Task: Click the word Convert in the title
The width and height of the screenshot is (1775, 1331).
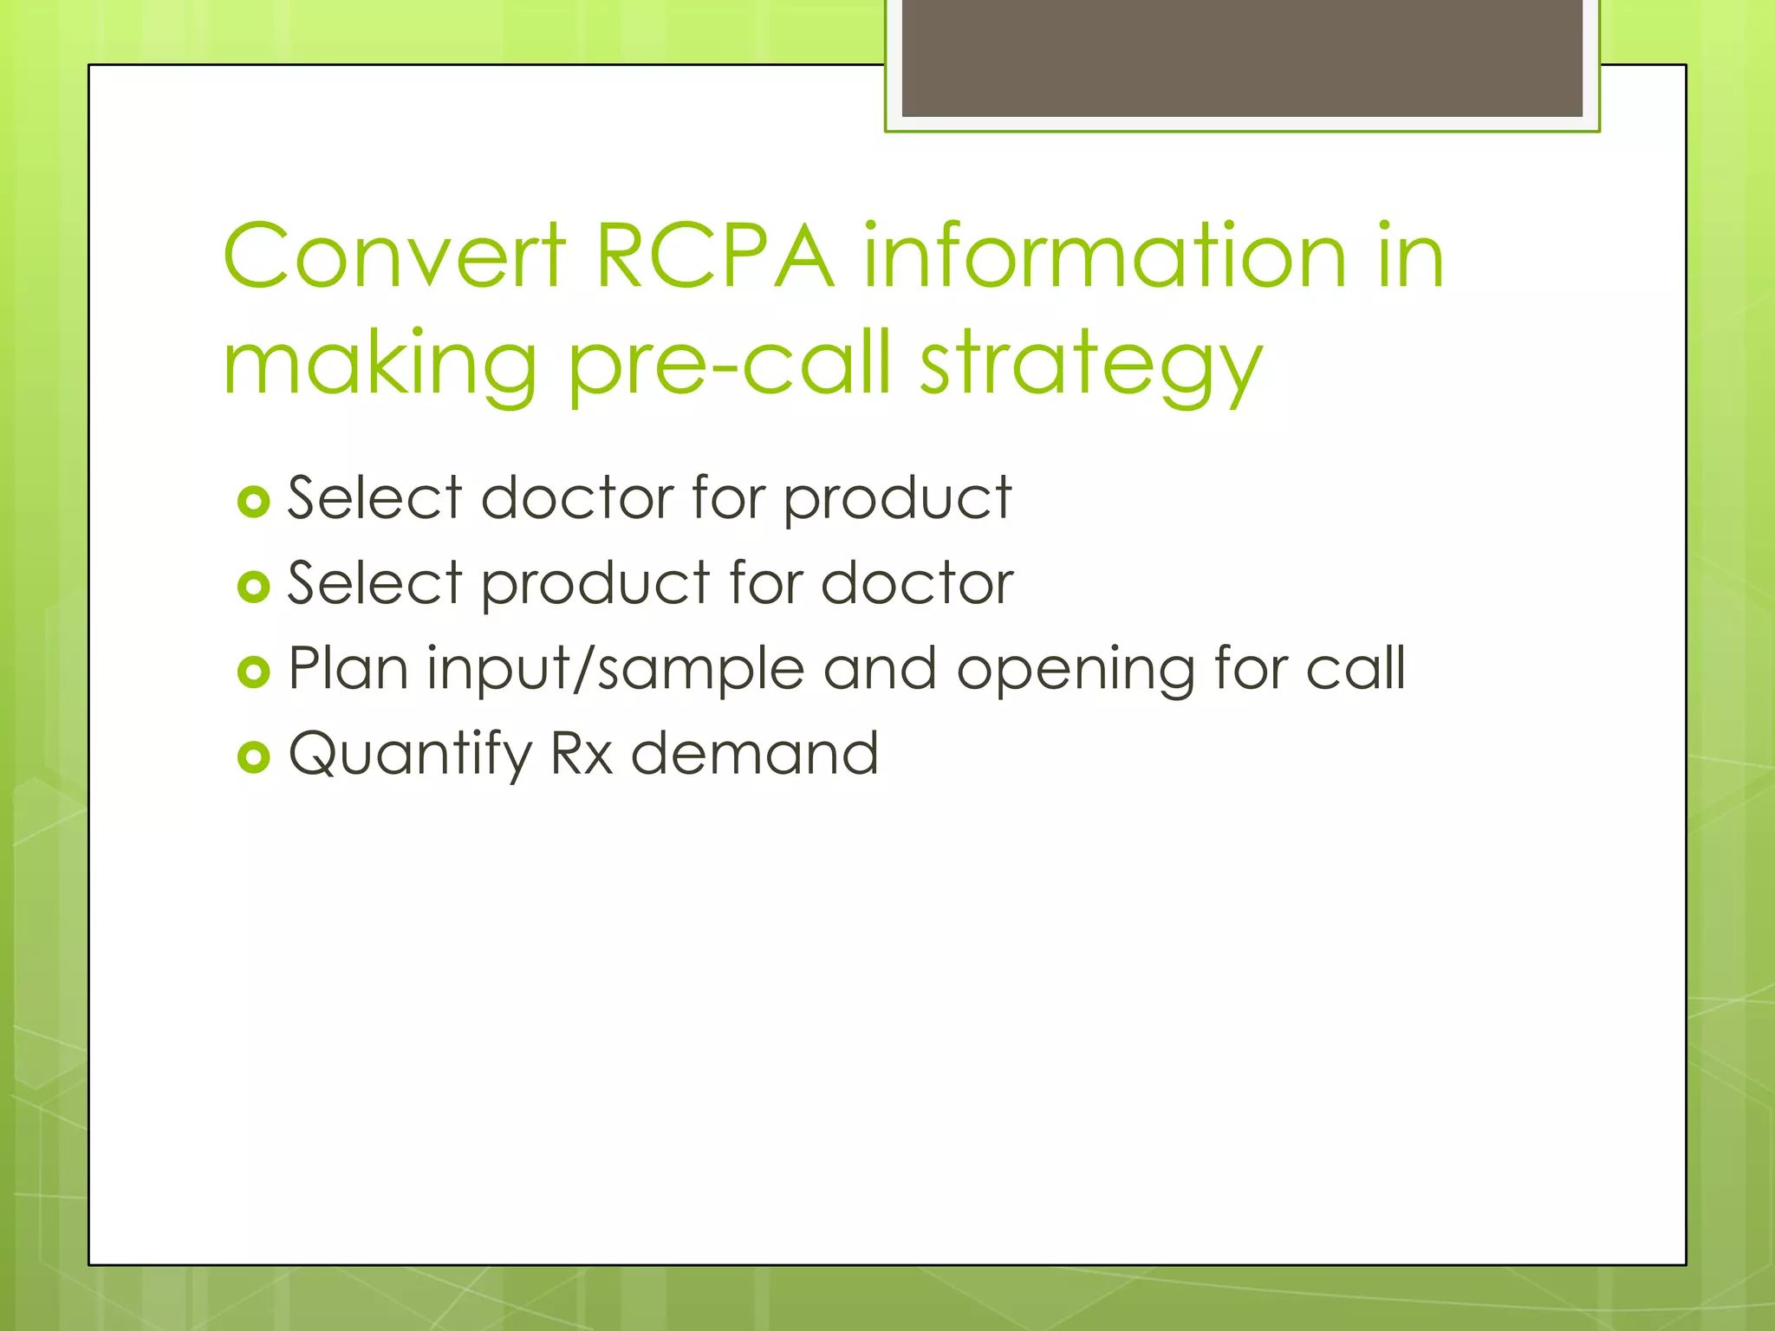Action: tap(394, 256)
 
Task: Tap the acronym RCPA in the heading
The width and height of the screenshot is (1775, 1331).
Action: tap(715, 256)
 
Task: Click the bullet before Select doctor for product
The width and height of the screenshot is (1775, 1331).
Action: tap(253, 502)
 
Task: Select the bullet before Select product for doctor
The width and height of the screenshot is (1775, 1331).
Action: tap(253, 587)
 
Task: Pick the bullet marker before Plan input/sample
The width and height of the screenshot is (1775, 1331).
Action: tap(253, 672)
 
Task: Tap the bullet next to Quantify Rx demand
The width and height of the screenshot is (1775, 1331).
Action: tap(253, 756)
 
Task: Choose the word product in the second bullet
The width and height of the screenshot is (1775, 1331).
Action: tap(595, 585)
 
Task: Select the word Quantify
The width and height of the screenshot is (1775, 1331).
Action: tap(410, 755)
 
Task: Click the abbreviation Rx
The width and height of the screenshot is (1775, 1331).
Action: tap(582, 753)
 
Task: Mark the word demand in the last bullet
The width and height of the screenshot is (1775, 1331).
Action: tap(754, 753)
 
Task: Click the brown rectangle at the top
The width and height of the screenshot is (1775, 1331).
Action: tap(1241, 57)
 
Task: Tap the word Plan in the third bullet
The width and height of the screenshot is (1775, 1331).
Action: tap(348, 668)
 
